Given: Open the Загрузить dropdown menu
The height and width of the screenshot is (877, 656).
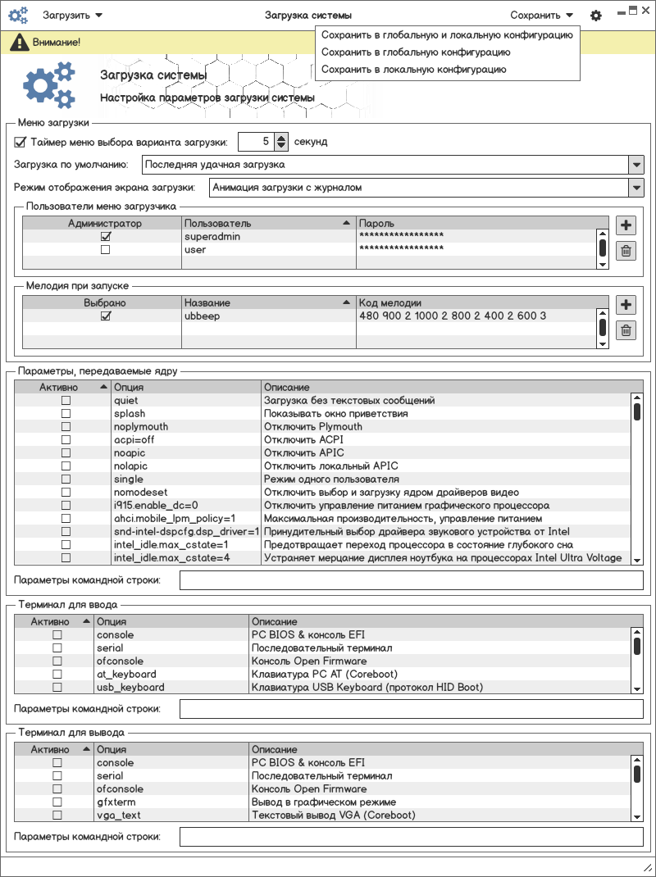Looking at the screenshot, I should point(72,15).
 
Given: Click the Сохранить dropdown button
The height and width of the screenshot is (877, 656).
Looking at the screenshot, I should point(541,15).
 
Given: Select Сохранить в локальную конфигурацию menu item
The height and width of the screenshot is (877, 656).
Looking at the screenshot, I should point(413,70).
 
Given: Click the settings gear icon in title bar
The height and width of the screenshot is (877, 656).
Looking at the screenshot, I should point(596,16).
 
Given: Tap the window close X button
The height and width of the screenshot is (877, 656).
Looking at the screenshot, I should point(646,10).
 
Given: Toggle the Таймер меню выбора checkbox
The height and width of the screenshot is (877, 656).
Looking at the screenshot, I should point(20,142).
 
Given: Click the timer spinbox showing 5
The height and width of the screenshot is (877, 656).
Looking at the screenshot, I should point(256,142).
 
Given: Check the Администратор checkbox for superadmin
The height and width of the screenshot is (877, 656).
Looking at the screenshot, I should point(105,237).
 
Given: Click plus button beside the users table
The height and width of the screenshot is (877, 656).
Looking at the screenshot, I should point(626,225).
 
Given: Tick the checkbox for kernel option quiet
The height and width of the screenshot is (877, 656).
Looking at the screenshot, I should point(66,401).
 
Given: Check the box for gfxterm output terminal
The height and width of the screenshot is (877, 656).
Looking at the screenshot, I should point(57,802).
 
